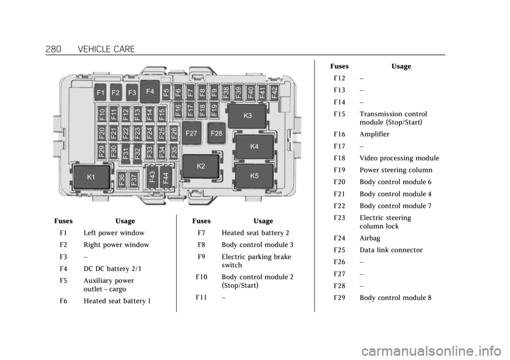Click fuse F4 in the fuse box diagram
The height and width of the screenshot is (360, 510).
tap(150, 91)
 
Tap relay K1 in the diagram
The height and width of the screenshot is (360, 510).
tap(91, 177)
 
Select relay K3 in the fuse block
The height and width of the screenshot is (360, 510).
tap(248, 115)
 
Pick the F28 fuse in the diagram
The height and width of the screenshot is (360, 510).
tap(216, 133)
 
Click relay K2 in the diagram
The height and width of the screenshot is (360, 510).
tap(201, 166)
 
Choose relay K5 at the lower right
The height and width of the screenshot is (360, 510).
tap(254, 175)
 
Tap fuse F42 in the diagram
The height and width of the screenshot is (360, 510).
tap(274, 91)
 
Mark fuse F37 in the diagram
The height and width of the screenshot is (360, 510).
tap(134, 179)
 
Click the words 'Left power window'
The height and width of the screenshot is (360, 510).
tap(113, 233)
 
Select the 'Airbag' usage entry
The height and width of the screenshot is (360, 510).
tap(370, 238)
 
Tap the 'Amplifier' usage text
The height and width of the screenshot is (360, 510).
tap(374, 134)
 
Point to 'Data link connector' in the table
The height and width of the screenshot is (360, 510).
tap(391, 250)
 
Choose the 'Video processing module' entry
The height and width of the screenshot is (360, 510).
tap(399, 158)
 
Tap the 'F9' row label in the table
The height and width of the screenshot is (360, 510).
tap(201, 257)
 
